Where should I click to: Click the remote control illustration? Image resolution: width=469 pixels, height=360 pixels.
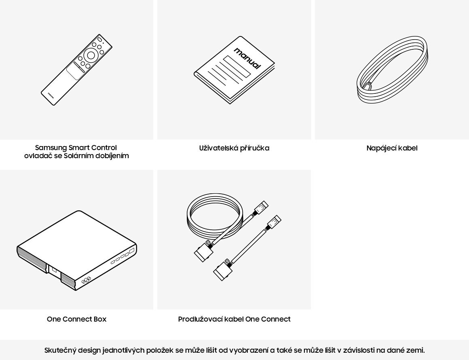point(76,70)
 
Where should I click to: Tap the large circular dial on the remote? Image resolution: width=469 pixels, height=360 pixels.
point(91,55)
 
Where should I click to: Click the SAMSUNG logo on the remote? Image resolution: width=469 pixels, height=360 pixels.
point(51,95)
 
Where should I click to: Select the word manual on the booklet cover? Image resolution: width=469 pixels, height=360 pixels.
point(247,58)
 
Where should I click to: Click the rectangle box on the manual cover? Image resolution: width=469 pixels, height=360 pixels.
point(237,67)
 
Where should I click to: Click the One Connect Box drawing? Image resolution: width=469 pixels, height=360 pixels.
point(77,250)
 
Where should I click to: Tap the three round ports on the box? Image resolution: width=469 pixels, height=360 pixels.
point(86,281)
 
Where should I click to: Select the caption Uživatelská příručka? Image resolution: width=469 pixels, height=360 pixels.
point(234,148)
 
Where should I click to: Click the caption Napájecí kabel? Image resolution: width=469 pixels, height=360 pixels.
point(392,148)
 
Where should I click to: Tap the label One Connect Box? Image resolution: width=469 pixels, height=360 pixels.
point(76,319)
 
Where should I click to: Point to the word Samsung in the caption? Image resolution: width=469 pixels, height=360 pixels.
point(51,148)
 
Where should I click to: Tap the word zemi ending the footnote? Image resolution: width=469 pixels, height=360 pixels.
point(416,350)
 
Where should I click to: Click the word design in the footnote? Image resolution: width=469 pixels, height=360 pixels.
point(89,350)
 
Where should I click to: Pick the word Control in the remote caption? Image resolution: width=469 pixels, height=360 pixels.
point(104,148)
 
